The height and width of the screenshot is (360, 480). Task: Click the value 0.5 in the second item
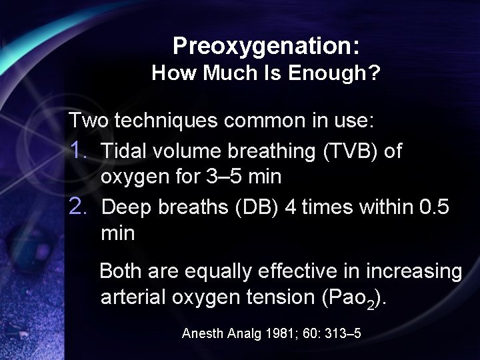tap(435, 207)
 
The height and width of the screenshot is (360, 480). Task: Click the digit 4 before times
tap(290, 207)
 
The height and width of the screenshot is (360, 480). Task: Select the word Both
tap(123, 271)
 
